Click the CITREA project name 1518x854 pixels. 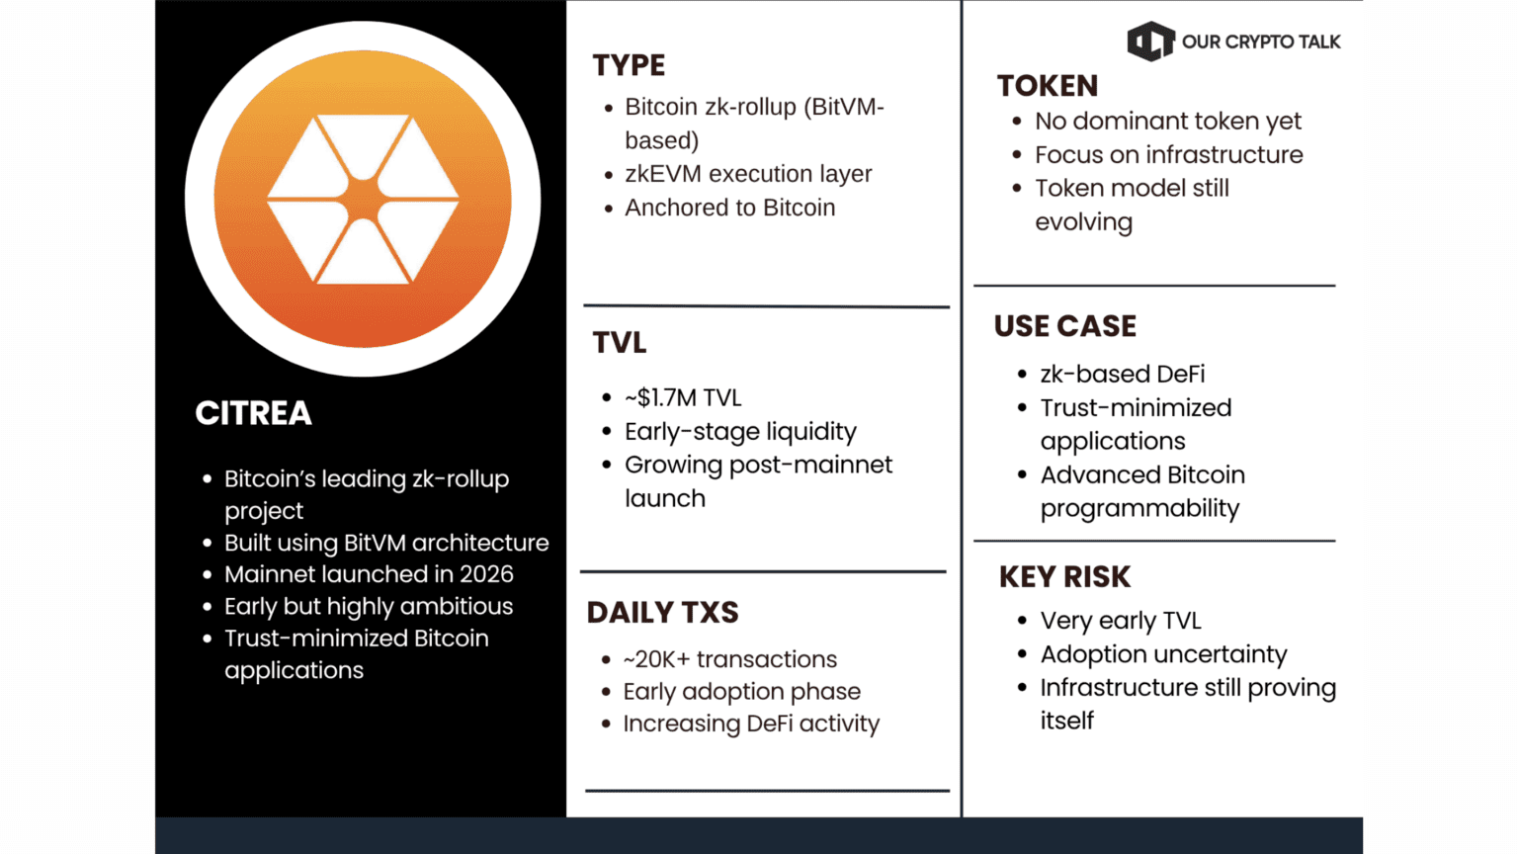(x=253, y=413)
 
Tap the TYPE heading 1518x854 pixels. (x=629, y=65)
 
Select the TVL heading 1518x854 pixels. (x=620, y=342)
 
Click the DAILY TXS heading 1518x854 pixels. (x=662, y=612)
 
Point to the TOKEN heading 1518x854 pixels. (x=1047, y=86)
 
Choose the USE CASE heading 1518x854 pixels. (x=1064, y=326)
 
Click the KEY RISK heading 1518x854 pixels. (x=1064, y=577)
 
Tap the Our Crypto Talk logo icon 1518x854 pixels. (x=1150, y=42)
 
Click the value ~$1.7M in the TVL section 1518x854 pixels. (x=660, y=397)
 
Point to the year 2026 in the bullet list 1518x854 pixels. (x=486, y=574)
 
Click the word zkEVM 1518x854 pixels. (x=663, y=174)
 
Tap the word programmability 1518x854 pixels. (x=1139, y=508)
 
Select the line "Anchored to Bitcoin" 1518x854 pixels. (x=730, y=208)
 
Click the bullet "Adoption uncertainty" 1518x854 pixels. (x=1163, y=654)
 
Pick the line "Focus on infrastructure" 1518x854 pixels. (x=1168, y=154)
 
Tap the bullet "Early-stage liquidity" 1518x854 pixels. (x=740, y=431)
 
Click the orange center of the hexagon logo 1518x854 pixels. (x=364, y=199)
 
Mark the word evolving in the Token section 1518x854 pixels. (x=1083, y=222)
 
